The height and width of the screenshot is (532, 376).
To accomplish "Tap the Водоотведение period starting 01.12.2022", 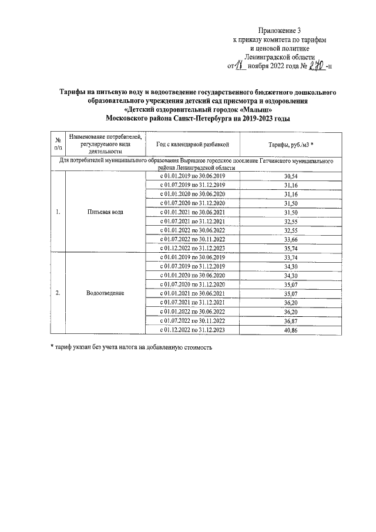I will [x=192, y=331].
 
